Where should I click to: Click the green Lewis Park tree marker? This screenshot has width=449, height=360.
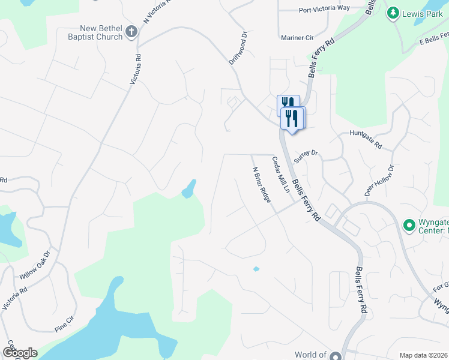tap(393, 13)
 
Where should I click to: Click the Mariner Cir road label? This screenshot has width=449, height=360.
tap(297, 37)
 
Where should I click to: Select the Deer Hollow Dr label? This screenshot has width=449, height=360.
tap(379, 180)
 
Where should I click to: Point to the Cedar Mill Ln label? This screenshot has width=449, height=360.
tap(281, 175)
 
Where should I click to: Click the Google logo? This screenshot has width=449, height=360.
tap(20, 353)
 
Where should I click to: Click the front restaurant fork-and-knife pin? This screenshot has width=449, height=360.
tap(293, 118)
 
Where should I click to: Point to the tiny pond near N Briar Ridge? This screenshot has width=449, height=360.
tap(256, 269)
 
